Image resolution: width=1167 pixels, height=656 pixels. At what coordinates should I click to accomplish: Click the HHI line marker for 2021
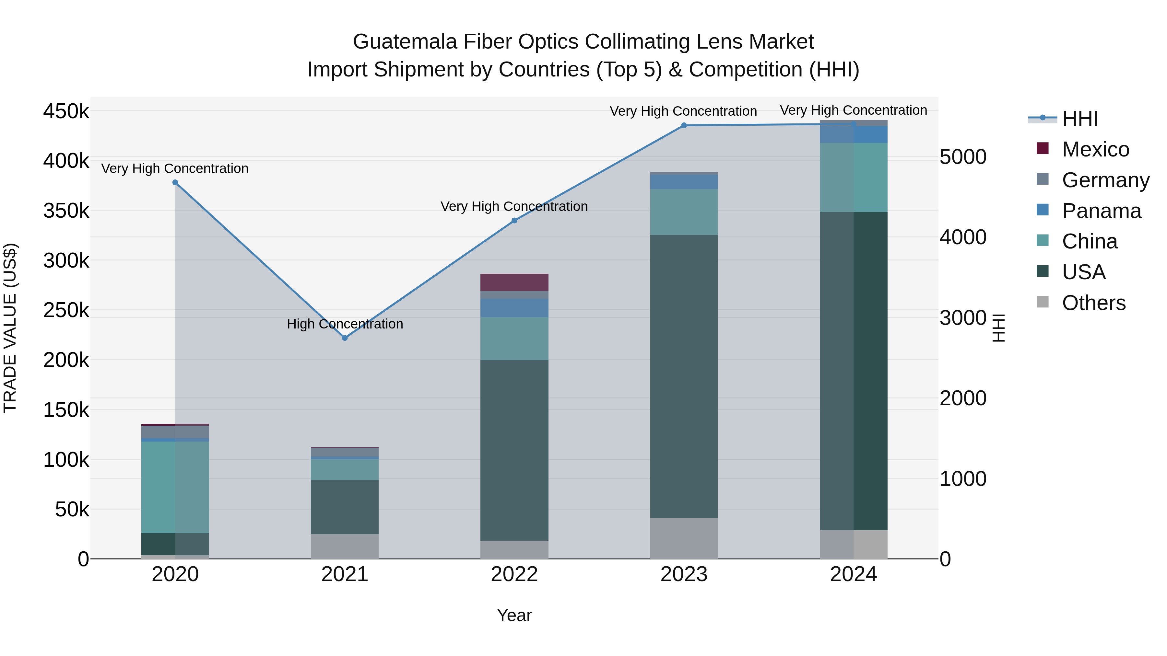coord(345,338)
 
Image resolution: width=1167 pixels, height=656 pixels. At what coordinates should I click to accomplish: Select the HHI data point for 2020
coord(175,182)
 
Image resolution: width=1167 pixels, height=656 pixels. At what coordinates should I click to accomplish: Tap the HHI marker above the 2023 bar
coord(684,125)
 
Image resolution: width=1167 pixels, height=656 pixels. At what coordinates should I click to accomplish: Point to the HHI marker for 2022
coord(514,221)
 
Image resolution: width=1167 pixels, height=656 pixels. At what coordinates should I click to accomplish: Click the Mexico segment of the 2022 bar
coord(514,282)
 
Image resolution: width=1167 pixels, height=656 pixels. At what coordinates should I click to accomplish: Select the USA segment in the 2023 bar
coord(684,376)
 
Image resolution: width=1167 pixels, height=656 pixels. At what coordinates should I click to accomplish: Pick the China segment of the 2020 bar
coord(175,487)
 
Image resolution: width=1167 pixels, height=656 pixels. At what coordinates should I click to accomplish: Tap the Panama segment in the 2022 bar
coord(514,308)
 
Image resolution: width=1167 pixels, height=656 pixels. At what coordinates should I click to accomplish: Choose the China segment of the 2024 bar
coord(854,178)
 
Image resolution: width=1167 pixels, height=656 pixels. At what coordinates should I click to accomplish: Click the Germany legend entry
coord(1105,180)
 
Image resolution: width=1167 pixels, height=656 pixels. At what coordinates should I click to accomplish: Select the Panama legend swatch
coord(1043,210)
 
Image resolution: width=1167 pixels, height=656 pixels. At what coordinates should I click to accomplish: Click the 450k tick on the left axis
coord(66,111)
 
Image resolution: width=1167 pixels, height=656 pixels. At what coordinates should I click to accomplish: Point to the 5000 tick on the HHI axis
coord(963,157)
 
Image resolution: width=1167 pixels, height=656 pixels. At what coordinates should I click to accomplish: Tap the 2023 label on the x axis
coord(684,574)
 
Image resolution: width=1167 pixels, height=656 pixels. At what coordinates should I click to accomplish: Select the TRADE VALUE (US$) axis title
coord(10,328)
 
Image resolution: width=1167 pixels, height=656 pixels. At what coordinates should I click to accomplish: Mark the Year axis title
coord(514,615)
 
